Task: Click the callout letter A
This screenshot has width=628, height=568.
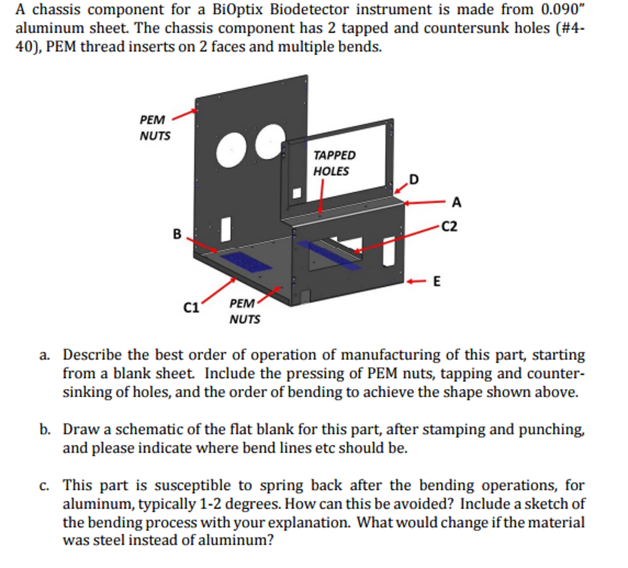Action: tap(456, 202)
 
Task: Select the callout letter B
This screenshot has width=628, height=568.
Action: tap(177, 233)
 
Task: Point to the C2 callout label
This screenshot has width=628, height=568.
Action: tap(450, 227)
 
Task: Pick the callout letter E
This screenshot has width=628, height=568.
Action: tap(437, 282)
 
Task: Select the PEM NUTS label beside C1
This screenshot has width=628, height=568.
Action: tap(244, 311)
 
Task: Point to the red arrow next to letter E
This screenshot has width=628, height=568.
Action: tap(418, 282)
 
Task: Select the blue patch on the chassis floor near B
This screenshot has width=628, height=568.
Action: tap(246, 262)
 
